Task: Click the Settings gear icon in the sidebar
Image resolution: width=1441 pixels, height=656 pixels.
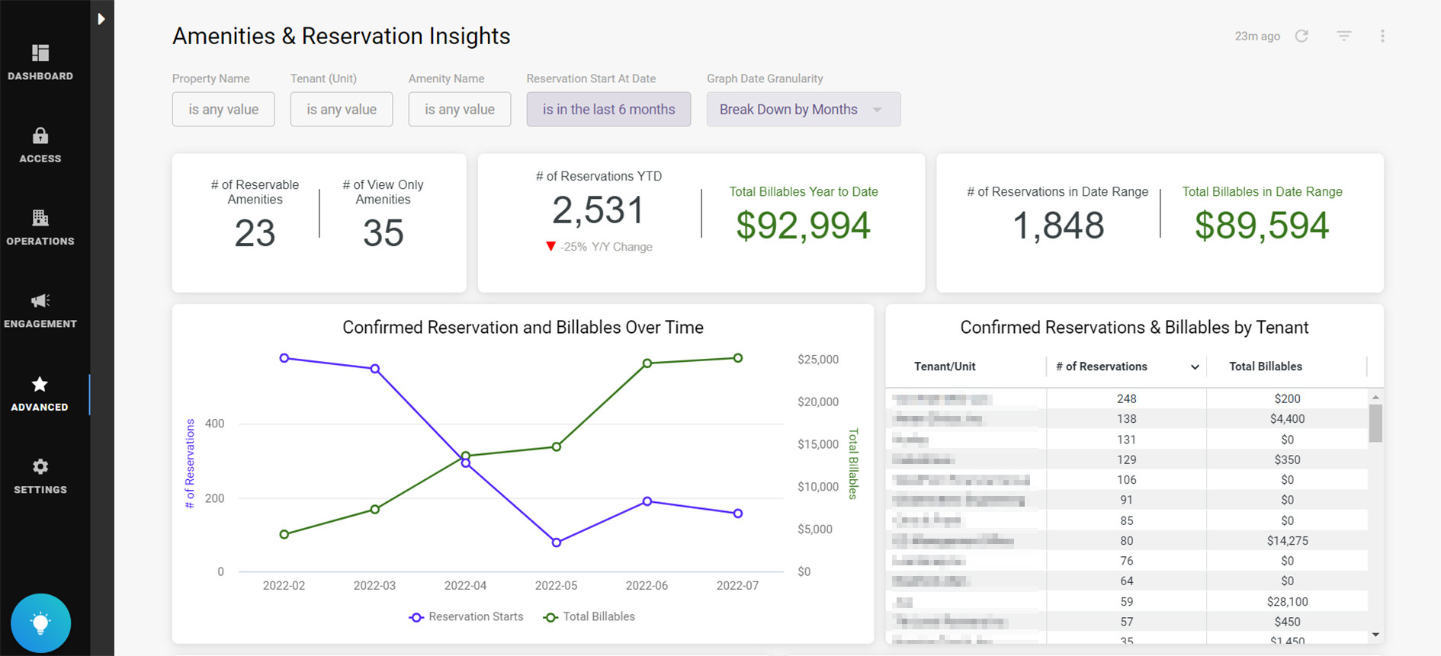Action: click(x=40, y=466)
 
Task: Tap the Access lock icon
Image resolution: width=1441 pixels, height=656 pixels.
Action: click(x=40, y=136)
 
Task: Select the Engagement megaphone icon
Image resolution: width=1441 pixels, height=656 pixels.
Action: click(x=40, y=301)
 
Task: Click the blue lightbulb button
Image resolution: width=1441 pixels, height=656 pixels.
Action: click(x=40, y=623)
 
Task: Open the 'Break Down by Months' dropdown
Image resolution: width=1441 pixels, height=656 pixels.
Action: click(x=803, y=110)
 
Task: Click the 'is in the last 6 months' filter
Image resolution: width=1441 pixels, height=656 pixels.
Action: click(x=608, y=110)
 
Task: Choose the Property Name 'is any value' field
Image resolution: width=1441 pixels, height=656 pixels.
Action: click(x=223, y=110)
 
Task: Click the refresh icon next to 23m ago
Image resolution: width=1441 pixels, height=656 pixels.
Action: click(x=1301, y=36)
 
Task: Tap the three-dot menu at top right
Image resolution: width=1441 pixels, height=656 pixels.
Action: click(x=1382, y=36)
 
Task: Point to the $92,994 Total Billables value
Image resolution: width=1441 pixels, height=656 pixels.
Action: click(x=803, y=226)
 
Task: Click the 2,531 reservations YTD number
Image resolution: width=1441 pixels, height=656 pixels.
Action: click(x=599, y=210)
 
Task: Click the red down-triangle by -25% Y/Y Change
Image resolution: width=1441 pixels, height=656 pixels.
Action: click(x=550, y=246)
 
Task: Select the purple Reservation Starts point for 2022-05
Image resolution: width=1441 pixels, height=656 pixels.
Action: click(x=557, y=542)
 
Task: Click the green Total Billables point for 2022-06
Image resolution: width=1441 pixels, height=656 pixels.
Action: click(x=647, y=363)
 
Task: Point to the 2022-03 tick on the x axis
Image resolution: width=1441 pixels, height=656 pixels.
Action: click(x=374, y=585)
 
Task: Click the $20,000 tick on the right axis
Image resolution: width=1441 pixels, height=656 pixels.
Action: click(x=817, y=402)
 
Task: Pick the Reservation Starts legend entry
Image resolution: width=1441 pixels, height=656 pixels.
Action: click(x=466, y=616)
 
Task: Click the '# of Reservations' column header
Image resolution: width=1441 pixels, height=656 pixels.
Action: click(x=1101, y=366)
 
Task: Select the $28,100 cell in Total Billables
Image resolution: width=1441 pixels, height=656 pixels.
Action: click(x=1287, y=601)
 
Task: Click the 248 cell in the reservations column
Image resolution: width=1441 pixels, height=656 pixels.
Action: click(x=1126, y=398)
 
